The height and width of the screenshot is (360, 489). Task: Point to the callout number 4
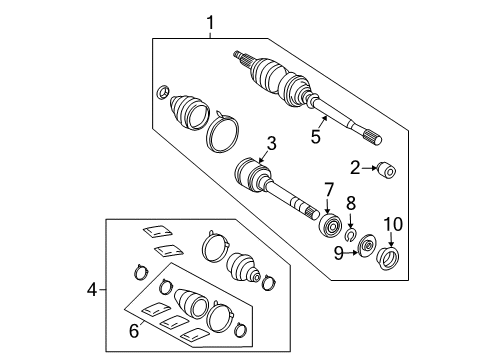(x=93, y=291)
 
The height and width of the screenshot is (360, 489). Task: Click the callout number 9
(x=340, y=253)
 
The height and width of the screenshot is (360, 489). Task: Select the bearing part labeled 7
(x=328, y=223)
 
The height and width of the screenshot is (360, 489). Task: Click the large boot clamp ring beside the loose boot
(x=223, y=133)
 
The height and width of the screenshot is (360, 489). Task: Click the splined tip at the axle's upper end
(x=241, y=55)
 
